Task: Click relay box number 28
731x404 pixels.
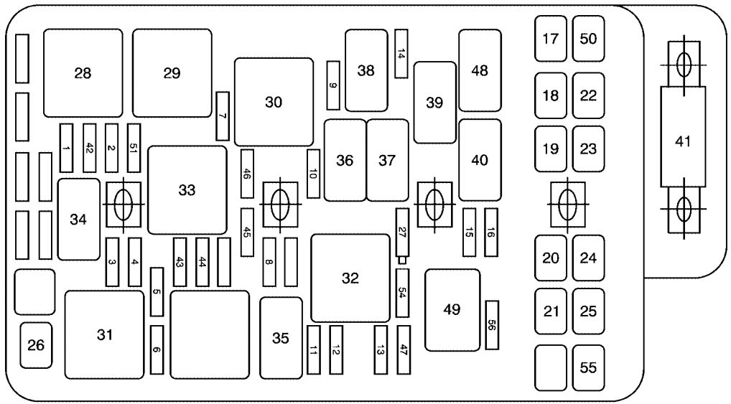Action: (83, 73)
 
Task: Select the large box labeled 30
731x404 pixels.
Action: (274, 102)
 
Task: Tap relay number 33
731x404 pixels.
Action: (187, 190)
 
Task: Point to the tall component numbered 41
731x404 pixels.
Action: (683, 137)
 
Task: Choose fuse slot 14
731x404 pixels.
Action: (401, 54)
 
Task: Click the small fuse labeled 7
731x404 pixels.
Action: (223, 116)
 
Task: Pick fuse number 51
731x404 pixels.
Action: (134, 148)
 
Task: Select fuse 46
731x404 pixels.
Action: (247, 174)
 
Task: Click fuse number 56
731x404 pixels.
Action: (492, 325)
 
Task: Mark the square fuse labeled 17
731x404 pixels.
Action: (551, 39)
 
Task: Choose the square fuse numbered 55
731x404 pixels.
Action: (588, 367)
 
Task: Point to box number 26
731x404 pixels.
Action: (36, 345)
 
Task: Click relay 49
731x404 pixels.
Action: (452, 310)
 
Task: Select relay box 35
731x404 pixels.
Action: (281, 338)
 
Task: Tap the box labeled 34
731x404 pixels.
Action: (79, 219)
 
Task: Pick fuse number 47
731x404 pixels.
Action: (404, 349)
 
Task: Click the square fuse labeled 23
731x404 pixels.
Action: (588, 149)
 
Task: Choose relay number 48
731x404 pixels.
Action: (480, 70)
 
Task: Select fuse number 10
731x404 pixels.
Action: (313, 174)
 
